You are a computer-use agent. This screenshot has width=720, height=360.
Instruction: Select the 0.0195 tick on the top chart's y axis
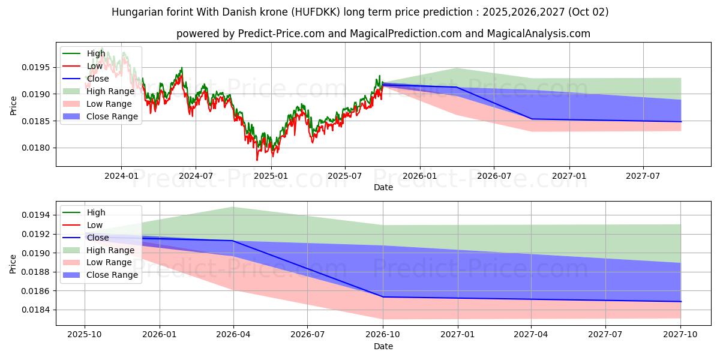tap(36, 67)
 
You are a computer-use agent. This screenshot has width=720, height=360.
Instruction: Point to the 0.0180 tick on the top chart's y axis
tap(36, 148)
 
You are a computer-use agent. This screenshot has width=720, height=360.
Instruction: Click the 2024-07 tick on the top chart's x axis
tap(196, 176)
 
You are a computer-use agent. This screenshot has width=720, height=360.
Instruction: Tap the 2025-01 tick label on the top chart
tap(271, 176)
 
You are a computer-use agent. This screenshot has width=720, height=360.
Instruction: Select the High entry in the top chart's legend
tap(97, 53)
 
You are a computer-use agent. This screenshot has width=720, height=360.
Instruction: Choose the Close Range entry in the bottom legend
tap(112, 275)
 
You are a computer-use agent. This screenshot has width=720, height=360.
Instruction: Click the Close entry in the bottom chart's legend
tap(98, 238)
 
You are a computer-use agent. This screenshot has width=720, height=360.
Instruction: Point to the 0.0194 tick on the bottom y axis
tap(36, 215)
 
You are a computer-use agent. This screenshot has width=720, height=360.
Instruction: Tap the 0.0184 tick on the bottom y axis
tap(36, 310)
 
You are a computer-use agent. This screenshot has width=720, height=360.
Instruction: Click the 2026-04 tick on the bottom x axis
tap(233, 335)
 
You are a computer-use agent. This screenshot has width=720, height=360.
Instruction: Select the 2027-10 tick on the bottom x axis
tap(680, 335)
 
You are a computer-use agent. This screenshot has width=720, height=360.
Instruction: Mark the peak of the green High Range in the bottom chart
tap(233, 207)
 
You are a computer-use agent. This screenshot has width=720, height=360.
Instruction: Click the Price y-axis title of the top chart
tap(14, 106)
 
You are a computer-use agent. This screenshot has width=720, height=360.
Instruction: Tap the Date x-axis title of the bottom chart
tap(383, 346)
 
